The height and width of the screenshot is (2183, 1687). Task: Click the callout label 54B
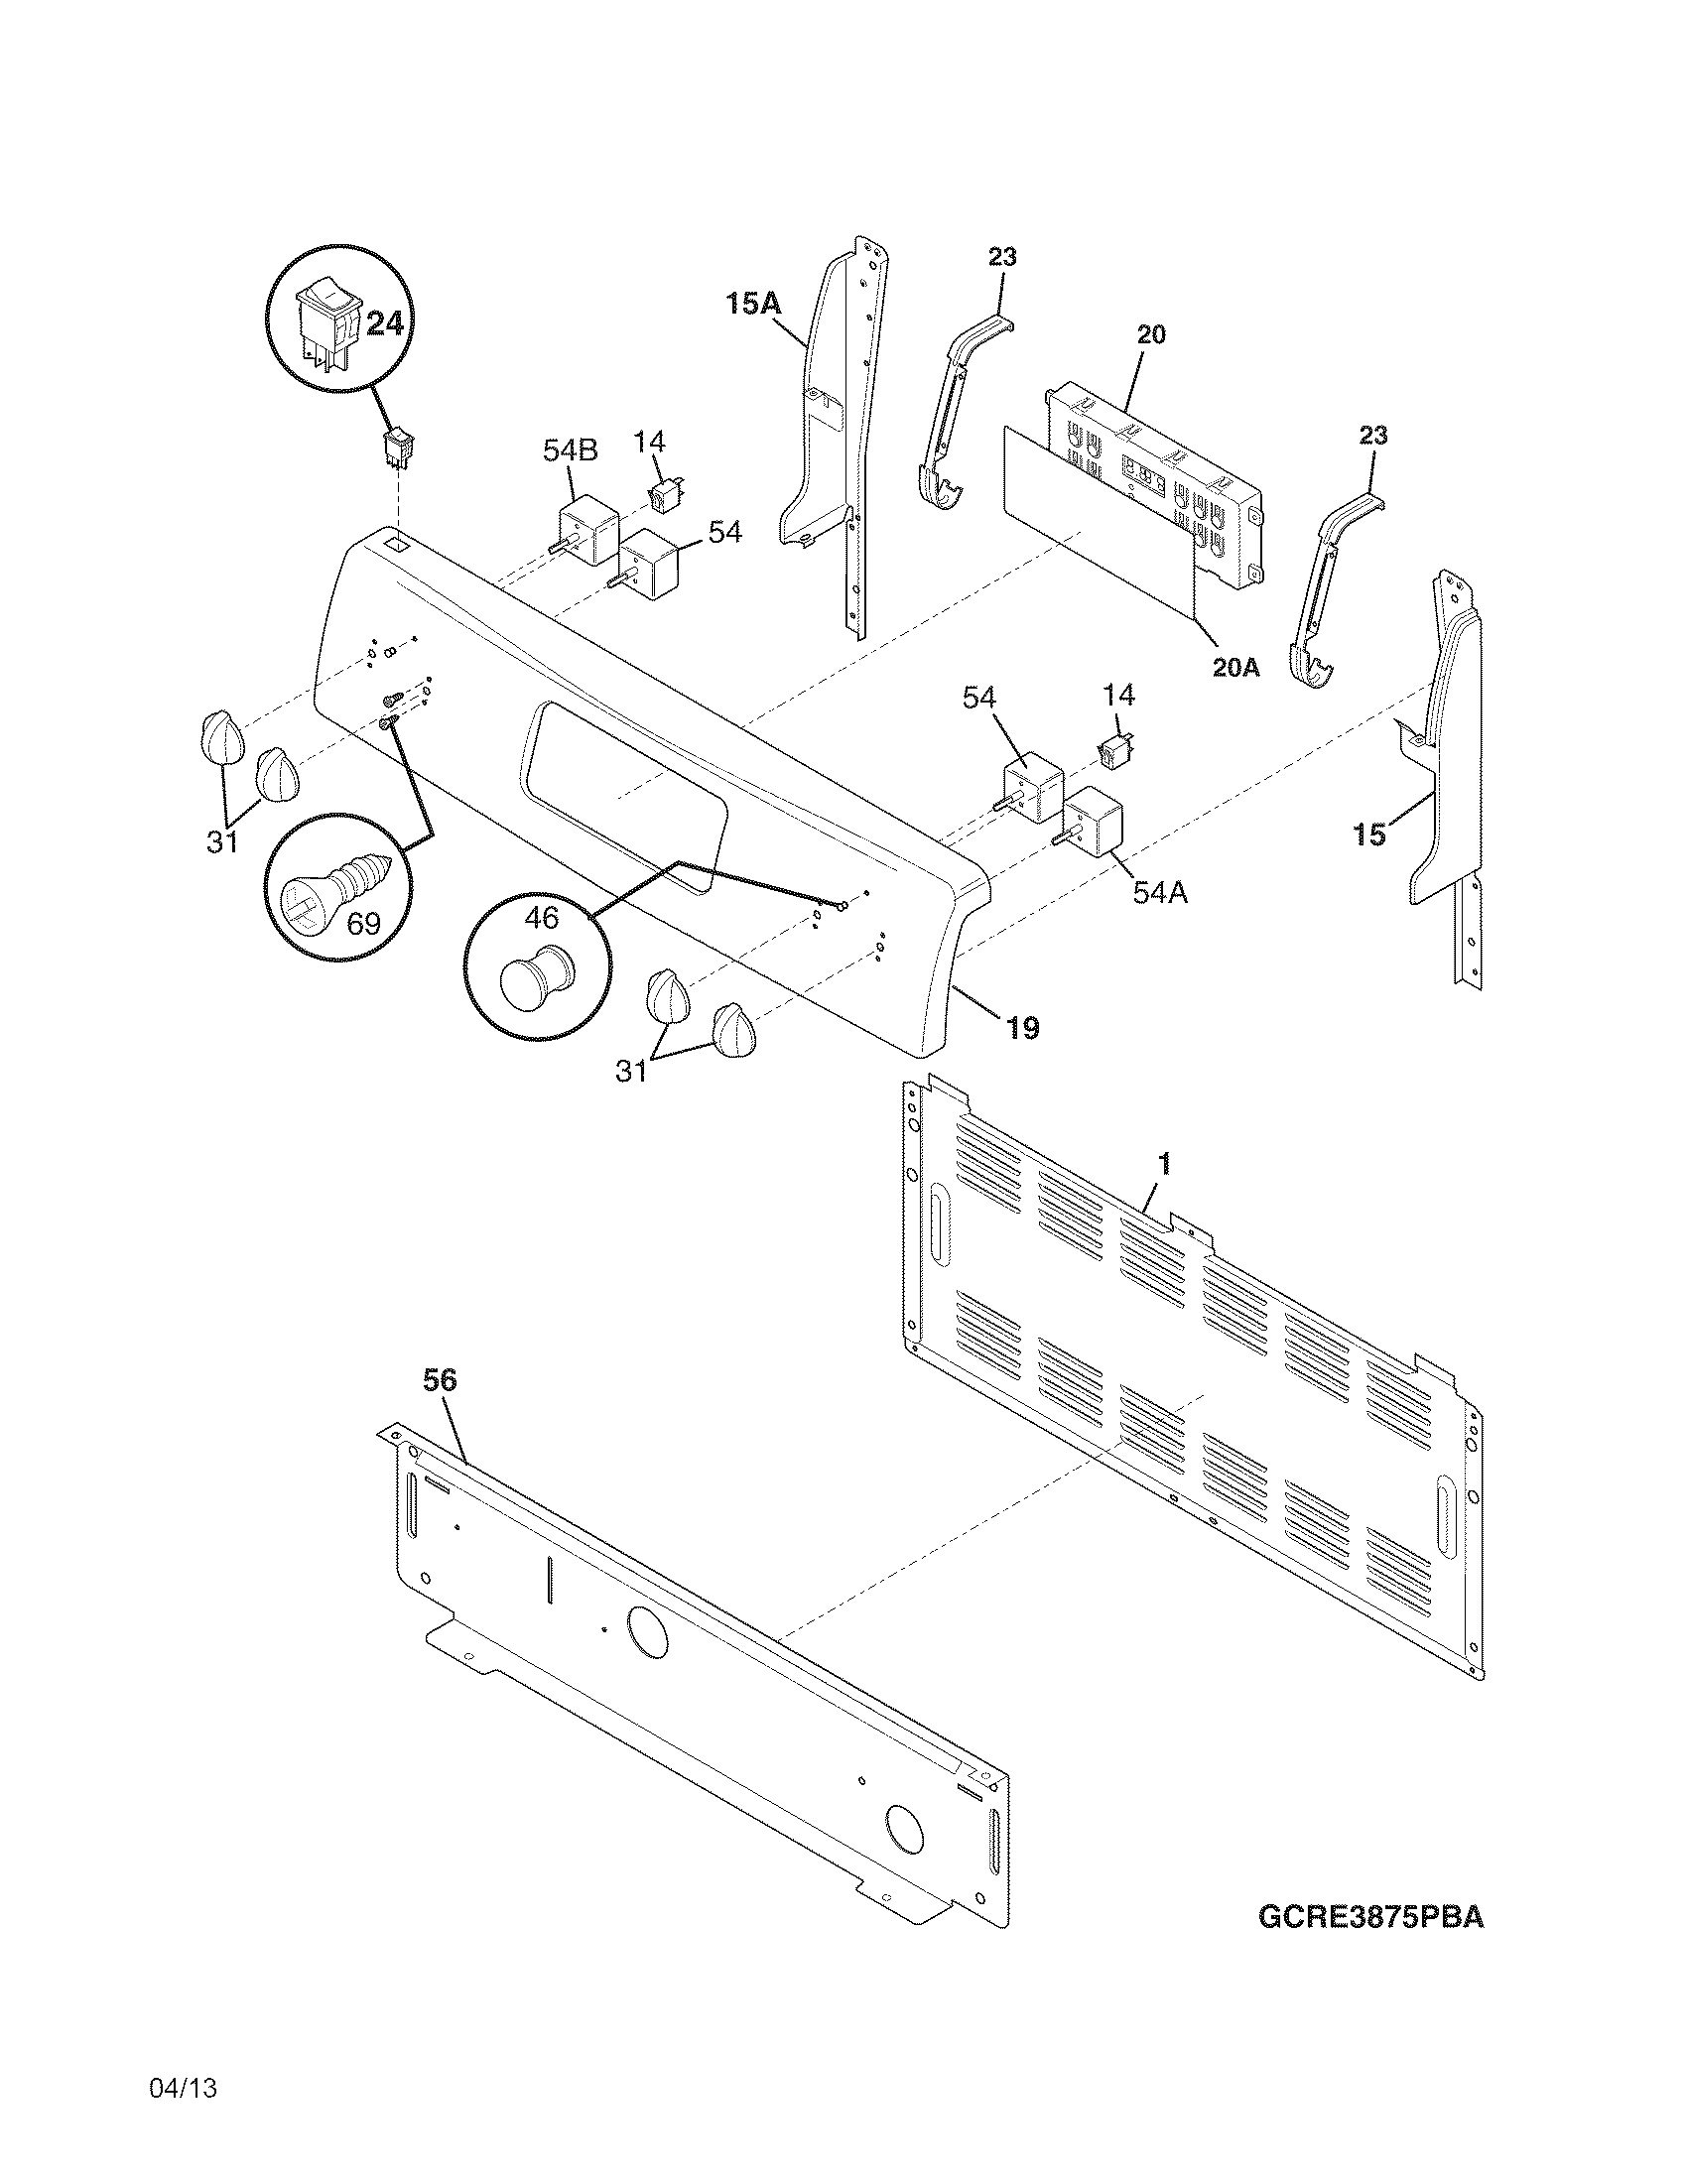(x=570, y=450)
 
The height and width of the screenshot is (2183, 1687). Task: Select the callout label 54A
(x=1159, y=893)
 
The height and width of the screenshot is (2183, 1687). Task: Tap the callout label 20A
(x=1235, y=668)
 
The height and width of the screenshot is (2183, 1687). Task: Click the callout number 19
(x=1022, y=1027)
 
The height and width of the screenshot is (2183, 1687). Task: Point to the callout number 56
(x=439, y=1380)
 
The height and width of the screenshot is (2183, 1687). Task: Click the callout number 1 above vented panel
(x=1164, y=1164)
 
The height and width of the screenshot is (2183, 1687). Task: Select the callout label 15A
(x=752, y=304)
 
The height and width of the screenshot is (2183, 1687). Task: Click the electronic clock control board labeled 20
(x=1149, y=480)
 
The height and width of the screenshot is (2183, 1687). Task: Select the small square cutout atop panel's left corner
(x=396, y=545)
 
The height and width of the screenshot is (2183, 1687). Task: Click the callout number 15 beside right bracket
(x=1369, y=835)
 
